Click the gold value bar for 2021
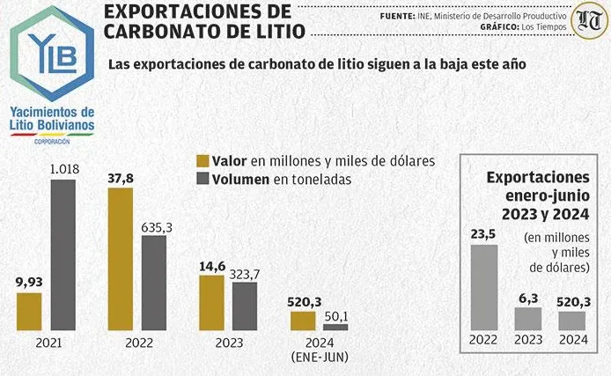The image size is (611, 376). click(x=29, y=311)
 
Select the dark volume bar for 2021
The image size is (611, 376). click(x=63, y=254)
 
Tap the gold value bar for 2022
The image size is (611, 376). click(x=120, y=259)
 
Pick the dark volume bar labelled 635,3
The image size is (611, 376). click(x=153, y=283)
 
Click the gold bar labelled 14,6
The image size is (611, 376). click(x=211, y=302)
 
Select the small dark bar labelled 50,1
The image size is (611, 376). click(x=335, y=327)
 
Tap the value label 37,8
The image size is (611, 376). click(x=120, y=177)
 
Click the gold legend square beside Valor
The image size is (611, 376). click(x=203, y=160)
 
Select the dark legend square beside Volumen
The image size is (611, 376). click(x=203, y=179)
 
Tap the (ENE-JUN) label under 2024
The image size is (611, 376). click(x=319, y=356)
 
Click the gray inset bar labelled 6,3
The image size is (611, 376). click(x=528, y=317)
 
